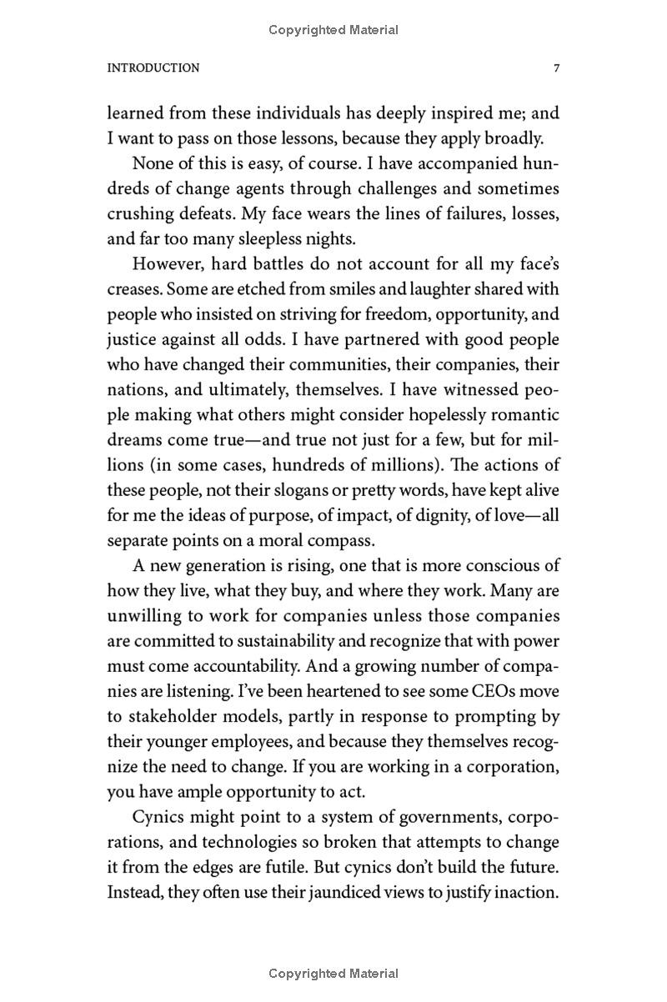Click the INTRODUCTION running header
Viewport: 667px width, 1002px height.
pos(153,68)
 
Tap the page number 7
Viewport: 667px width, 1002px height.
pos(555,68)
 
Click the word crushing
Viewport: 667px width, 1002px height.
pos(138,214)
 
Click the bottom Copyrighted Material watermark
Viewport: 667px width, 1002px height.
pos(333,973)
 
